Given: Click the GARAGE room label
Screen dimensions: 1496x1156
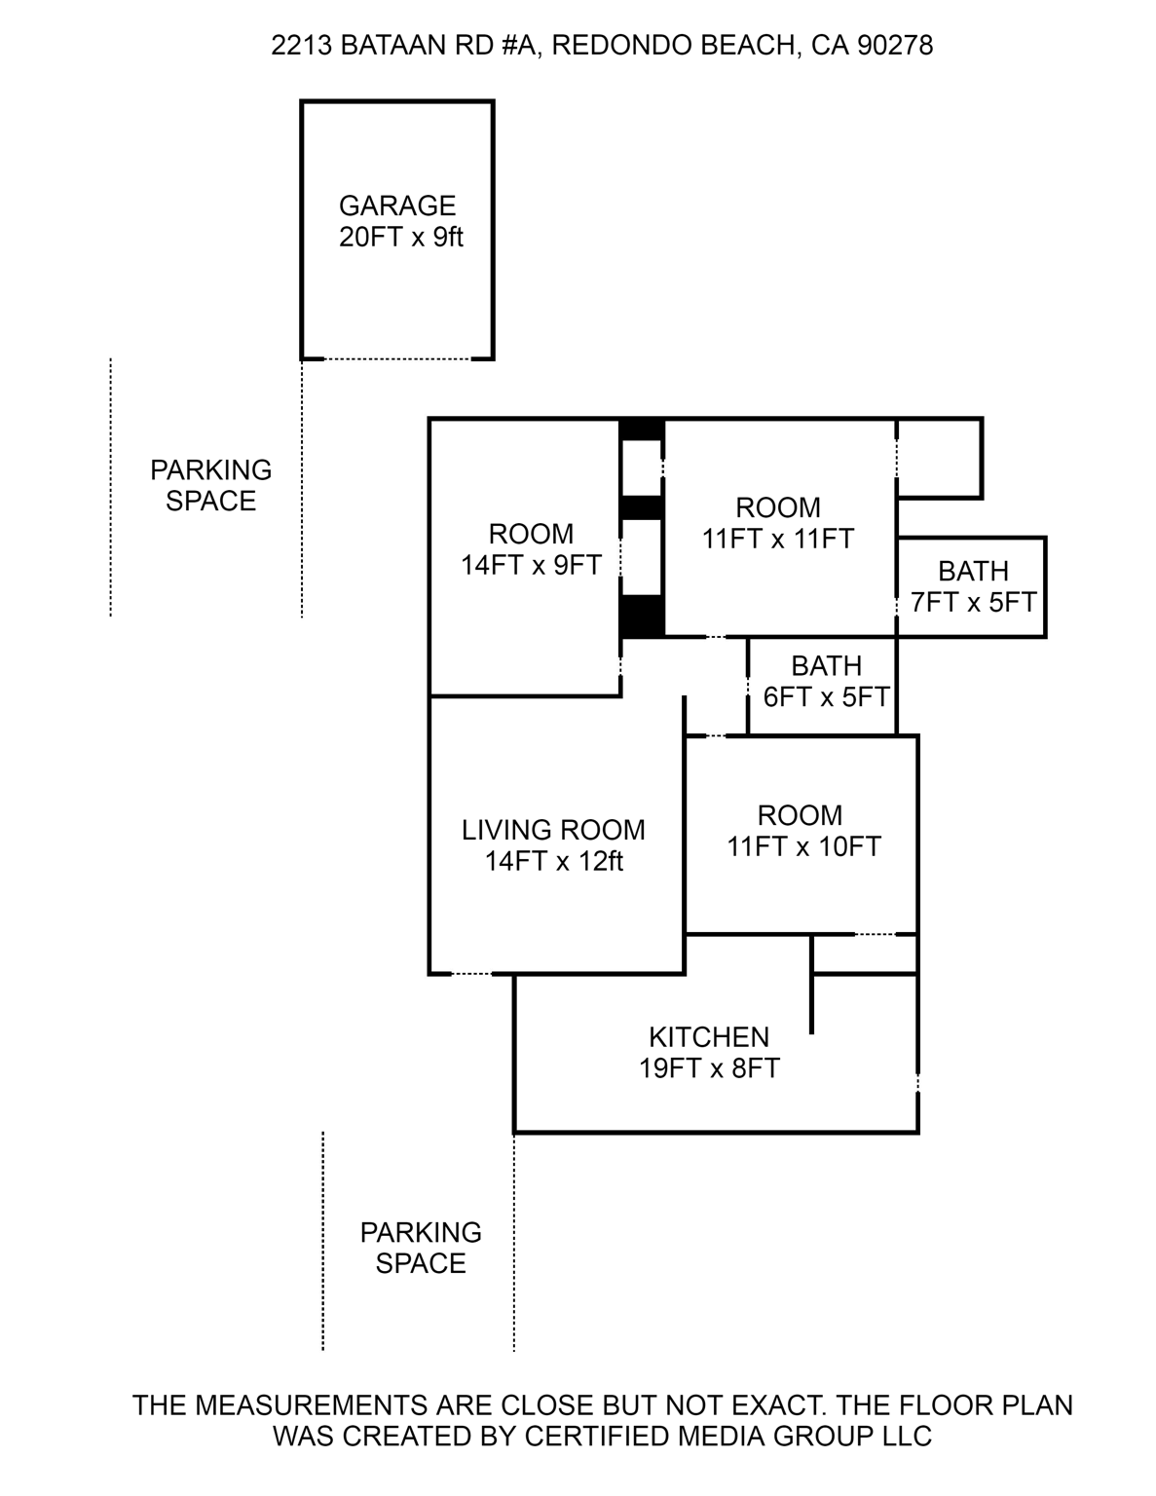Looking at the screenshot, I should click(x=397, y=206).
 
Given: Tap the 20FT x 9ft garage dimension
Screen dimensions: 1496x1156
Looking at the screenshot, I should click(x=400, y=237).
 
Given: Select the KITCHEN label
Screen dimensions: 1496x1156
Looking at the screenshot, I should click(x=709, y=1036).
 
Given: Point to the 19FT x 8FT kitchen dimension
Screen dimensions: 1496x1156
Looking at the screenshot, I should click(x=709, y=1068).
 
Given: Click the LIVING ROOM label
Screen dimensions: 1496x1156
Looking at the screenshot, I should click(x=552, y=830).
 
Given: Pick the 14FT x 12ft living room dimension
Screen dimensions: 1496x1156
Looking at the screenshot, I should click(x=554, y=861).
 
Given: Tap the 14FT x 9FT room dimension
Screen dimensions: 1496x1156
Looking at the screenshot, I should click(x=531, y=565).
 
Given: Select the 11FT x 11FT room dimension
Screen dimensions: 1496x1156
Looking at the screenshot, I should click(x=777, y=539).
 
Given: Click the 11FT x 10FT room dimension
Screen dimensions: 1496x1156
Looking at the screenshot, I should click(x=803, y=846).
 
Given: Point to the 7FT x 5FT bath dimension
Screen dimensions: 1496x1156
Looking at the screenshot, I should click(x=973, y=602).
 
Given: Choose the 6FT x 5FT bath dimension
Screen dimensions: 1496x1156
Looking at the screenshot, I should click(x=826, y=697).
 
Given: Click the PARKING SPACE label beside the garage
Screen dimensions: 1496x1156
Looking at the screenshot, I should click(x=210, y=485).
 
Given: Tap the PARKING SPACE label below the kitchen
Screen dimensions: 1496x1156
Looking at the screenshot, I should click(x=421, y=1248).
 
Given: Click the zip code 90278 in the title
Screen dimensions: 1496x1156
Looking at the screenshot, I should click(x=894, y=46).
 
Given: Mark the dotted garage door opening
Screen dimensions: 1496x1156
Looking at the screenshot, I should click(x=397, y=358).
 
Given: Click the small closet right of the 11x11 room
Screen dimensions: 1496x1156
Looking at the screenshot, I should click(x=939, y=458).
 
